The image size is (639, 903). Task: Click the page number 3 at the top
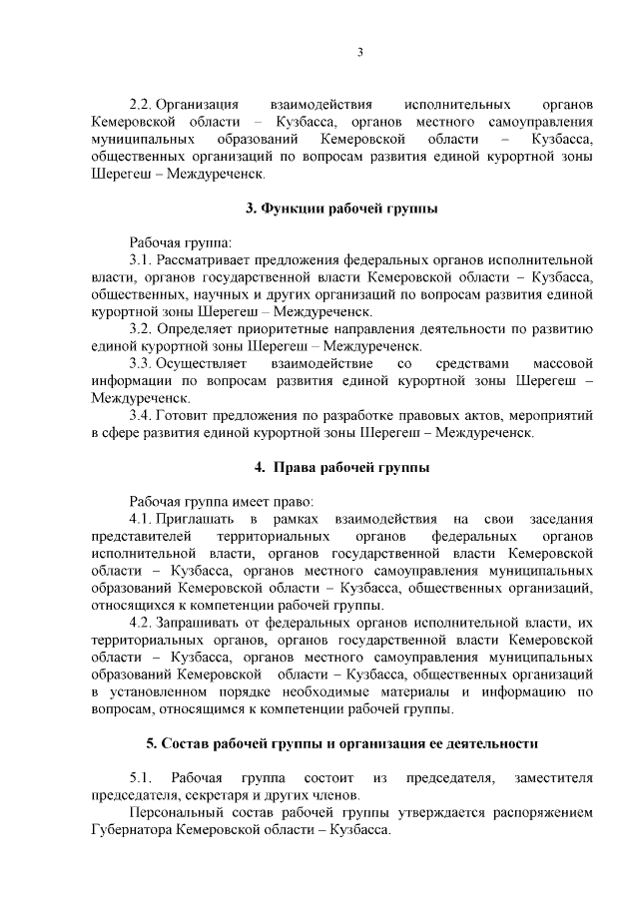360,53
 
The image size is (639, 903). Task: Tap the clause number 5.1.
139,777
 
